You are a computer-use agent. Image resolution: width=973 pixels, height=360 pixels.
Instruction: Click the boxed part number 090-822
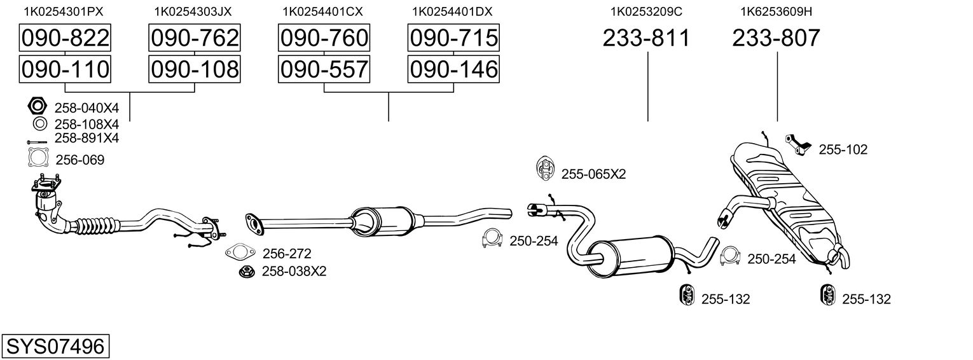point(66,38)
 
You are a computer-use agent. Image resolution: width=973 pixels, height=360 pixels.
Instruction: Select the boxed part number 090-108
point(194,69)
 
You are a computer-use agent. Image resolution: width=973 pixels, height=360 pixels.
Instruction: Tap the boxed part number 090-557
point(324,69)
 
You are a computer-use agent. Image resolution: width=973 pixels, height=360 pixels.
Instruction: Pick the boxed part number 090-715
point(453,38)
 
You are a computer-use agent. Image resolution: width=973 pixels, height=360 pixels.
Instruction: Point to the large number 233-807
point(776,39)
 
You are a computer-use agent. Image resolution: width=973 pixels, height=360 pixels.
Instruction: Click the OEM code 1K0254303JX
point(193,11)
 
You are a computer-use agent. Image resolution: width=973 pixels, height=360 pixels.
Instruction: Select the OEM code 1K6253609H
point(776,11)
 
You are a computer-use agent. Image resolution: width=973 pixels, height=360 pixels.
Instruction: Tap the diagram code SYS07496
point(55,347)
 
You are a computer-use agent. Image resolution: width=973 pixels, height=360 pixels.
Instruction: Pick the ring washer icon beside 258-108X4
point(38,123)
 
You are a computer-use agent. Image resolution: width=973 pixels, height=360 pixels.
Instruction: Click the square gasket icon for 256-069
point(38,158)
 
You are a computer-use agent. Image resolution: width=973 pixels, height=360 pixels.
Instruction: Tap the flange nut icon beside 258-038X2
point(247,272)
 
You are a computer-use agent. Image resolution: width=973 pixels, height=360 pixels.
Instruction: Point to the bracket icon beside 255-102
point(798,144)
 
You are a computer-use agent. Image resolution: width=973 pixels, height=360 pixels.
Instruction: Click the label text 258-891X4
point(87,138)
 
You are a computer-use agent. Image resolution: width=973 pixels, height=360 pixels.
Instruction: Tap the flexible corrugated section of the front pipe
point(95,226)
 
